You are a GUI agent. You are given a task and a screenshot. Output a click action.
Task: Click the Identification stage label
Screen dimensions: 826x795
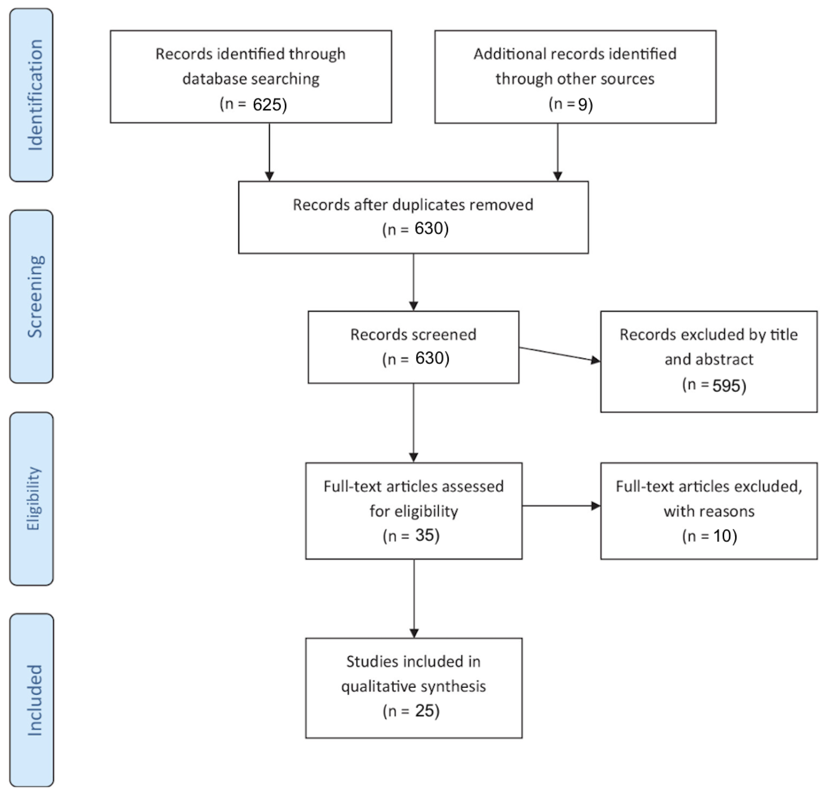(x=35, y=95)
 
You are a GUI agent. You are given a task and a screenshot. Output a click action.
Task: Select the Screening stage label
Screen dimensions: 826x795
(x=35, y=297)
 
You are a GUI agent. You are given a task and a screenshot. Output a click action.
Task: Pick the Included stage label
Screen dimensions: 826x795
(x=35, y=700)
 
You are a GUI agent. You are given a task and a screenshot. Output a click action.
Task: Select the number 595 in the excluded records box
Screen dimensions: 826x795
(x=726, y=386)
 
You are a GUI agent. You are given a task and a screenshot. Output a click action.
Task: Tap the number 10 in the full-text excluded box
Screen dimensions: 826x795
(x=722, y=536)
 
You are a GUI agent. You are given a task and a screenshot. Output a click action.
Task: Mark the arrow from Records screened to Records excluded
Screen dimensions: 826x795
(x=560, y=354)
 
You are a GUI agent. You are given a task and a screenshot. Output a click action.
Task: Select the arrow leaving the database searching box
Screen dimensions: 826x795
(x=269, y=152)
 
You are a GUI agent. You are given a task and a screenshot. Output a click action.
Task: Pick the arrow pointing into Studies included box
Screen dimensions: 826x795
(x=414, y=599)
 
